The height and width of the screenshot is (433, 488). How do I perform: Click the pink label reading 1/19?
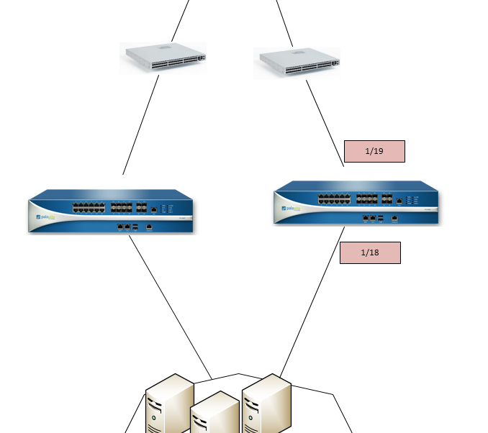pyautogui.click(x=374, y=151)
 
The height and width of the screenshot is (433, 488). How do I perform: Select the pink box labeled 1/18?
pyautogui.click(x=370, y=252)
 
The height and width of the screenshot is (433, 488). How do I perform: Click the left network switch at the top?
pyautogui.click(x=163, y=58)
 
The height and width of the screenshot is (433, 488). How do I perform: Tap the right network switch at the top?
pyautogui.click(x=297, y=63)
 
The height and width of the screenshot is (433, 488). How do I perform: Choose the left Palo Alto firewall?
pyautogui.click(x=112, y=211)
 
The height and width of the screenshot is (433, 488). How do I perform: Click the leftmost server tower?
pyautogui.click(x=170, y=406)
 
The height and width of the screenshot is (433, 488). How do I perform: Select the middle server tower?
pyautogui.click(x=214, y=416)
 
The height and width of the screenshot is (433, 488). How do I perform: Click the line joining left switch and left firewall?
pyautogui.click(x=141, y=124)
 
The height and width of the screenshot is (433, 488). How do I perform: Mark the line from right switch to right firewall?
pyautogui.click(x=325, y=122)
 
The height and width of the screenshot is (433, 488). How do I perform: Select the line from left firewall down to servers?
pyautogui.click(x=170, y=306)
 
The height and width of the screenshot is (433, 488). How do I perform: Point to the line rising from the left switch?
pyautogui.click(x=180, y=20)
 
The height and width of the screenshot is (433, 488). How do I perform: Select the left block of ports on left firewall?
pyautogui.click(x=89, y=207)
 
